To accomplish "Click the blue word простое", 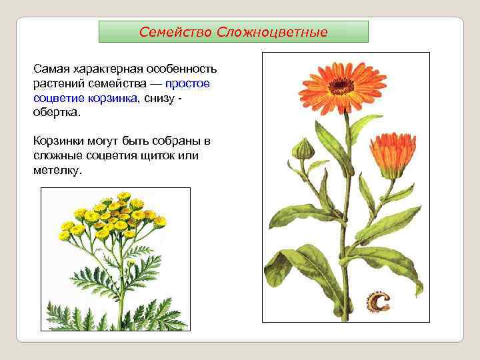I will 187,84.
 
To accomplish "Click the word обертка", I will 56,113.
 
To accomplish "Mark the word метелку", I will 57,170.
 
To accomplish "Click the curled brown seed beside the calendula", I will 378,301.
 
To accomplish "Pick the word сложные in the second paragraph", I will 57,155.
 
